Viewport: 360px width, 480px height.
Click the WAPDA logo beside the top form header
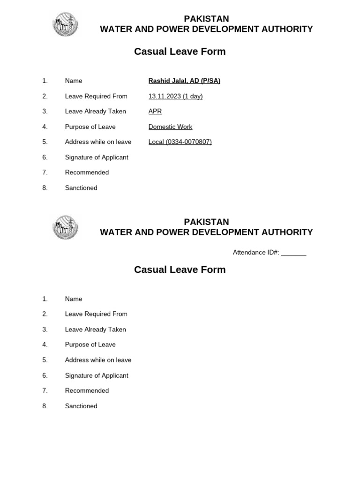[65, 24]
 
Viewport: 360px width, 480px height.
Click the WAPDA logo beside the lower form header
[65, 227]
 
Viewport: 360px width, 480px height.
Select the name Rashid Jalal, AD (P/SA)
[184, 81]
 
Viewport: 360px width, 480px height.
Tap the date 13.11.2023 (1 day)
[175, 97]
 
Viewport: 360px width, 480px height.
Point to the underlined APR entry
[155, 112]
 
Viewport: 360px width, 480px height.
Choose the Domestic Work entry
[170, 127]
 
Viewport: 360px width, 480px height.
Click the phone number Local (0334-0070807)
[180, 142]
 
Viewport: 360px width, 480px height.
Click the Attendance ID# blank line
[294, 253]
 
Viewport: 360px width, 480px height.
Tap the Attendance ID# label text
[256, 253]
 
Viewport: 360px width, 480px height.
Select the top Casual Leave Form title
[180, 52]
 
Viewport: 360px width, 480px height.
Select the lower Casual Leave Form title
[180, 270]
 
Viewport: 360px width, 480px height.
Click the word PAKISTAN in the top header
[206, 19]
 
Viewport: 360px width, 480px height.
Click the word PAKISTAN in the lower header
[206, 222]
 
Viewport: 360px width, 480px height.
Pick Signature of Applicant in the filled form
[96, 157]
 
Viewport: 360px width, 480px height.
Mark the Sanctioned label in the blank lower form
[81, 406]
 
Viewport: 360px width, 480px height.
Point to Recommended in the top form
[87, 172]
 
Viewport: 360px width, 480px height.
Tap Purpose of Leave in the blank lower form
[90, 345]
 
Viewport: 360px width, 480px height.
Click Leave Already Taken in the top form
[95, 112]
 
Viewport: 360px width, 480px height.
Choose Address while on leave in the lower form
[98, 360]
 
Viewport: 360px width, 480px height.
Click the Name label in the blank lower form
[74, 299]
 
